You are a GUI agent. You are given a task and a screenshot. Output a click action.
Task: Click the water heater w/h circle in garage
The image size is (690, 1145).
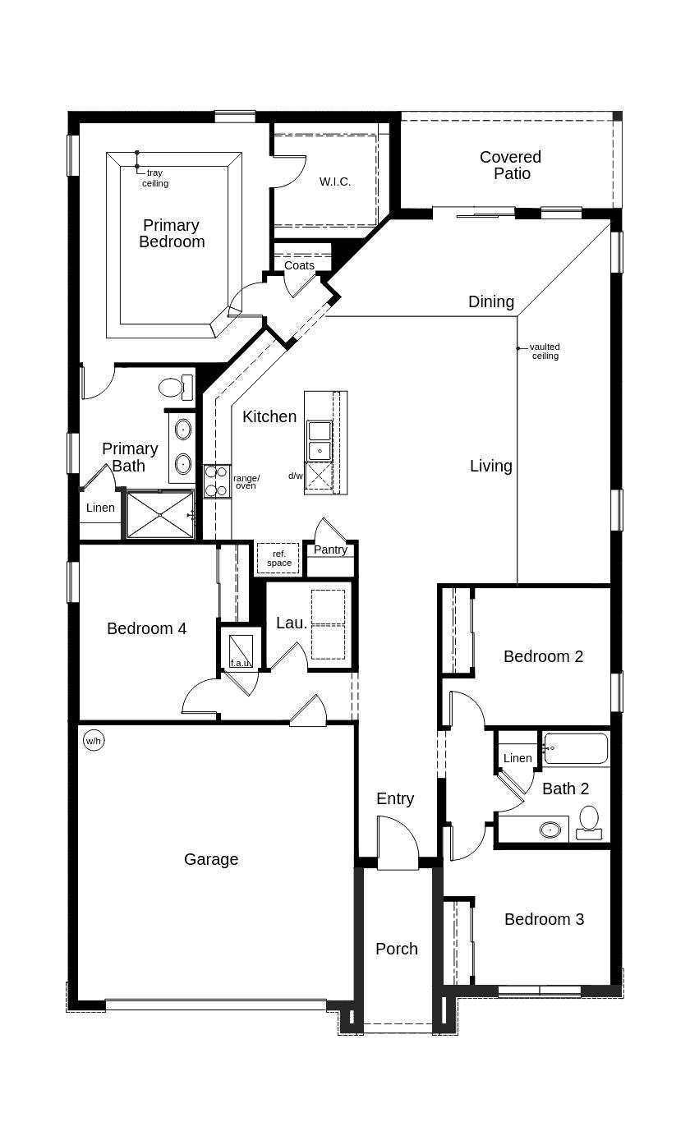click(x=94, y=741)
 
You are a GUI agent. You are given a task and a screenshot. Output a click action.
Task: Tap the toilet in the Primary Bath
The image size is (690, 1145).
click(x=173, y=387)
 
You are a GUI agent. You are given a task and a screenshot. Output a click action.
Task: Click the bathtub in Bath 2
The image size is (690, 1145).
click(x=576, y=748)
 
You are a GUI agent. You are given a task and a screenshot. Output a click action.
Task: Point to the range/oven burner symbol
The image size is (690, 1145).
click(x=216, y=481)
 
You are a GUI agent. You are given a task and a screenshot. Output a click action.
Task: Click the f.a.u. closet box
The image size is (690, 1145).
click(x=240, y=650)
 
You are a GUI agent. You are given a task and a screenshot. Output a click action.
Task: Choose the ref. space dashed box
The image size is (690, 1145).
click(x=278, y=559)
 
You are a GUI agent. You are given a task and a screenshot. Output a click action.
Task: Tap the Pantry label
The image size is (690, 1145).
click(x=330, y=550)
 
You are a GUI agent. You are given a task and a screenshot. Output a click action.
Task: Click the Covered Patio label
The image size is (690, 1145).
click(x=511, y=165)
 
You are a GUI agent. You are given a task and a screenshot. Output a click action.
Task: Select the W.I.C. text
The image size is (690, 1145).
click(x=335, y=182)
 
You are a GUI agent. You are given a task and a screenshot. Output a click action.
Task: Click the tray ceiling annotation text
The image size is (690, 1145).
click(x=155, y=178)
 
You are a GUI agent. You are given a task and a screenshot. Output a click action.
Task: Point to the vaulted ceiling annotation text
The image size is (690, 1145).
click(x=545, y=352)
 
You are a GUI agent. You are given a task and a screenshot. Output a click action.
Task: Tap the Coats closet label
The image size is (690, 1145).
click(x=299, y=265)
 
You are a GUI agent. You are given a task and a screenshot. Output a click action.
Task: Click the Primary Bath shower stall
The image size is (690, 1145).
click(x=160, y=515)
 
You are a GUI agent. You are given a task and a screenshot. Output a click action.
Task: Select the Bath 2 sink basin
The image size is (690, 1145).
click(x=550, y=830)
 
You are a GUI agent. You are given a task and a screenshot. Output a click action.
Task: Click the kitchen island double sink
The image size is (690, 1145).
click(x=319, y=440)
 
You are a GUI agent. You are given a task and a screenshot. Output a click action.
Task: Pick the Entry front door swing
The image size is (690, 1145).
click(x=397, y=844)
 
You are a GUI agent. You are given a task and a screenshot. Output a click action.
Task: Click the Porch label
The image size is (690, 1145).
click(x=397, y=949)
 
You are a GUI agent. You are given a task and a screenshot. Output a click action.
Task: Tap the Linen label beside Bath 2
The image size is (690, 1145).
click(x=517, y=758)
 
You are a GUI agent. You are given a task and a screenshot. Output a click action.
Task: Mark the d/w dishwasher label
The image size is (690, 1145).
click(x=295, y=476)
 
